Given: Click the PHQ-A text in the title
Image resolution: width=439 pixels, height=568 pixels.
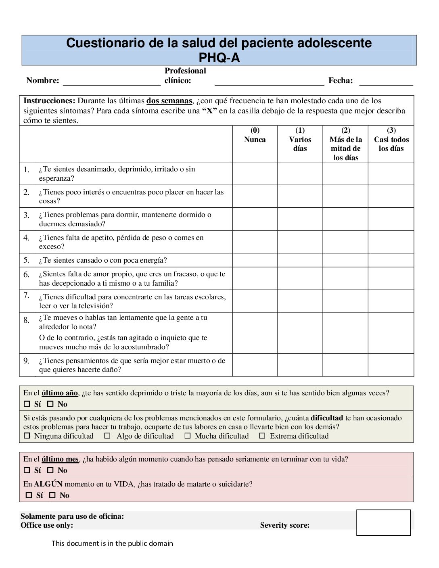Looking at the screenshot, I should tap(219, 58).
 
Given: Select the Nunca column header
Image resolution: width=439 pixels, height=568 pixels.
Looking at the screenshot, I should tap(255, 140).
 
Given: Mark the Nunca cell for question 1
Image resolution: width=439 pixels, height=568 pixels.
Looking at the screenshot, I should tap(255, 173).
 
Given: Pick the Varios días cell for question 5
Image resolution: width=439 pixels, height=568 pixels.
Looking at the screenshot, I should tap(300, 260).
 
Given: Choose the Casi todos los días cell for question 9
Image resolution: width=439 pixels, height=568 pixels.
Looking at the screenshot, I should tap(391, 365).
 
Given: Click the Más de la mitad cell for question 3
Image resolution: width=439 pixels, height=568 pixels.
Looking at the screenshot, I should tap(345, 219).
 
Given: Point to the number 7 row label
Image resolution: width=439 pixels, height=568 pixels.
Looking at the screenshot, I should tap(26, 295).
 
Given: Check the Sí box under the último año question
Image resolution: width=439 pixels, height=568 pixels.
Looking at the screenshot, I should tap(27, 404).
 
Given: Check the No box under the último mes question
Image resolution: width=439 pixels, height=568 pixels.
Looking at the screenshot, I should tap(50, 470).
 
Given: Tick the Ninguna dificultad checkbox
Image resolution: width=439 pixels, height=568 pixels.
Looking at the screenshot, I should tap(27, 436).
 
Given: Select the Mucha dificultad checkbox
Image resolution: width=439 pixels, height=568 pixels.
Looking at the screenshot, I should tap(188, 436).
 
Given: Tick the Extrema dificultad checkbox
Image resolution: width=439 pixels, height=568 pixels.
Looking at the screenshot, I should tap(262, 436).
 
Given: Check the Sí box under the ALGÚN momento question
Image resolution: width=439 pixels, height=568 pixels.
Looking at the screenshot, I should tap(29, 495).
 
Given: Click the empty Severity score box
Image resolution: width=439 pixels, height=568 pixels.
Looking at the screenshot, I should tap(383, 522).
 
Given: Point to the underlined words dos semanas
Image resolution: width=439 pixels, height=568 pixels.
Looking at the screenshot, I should tap(169, 101).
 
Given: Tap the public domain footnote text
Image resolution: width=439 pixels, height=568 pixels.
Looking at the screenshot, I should tap(112, 543).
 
